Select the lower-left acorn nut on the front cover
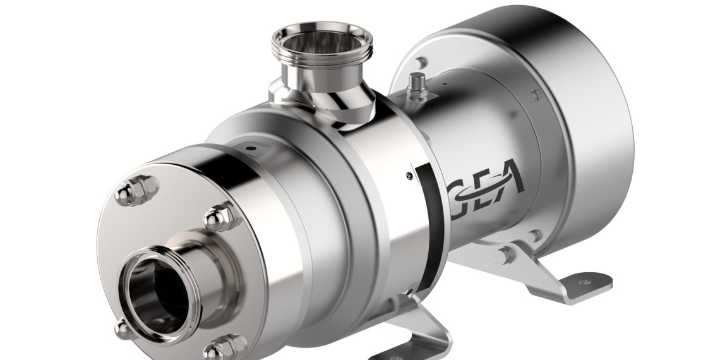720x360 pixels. [121, 327]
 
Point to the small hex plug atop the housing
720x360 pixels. [416, 85]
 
